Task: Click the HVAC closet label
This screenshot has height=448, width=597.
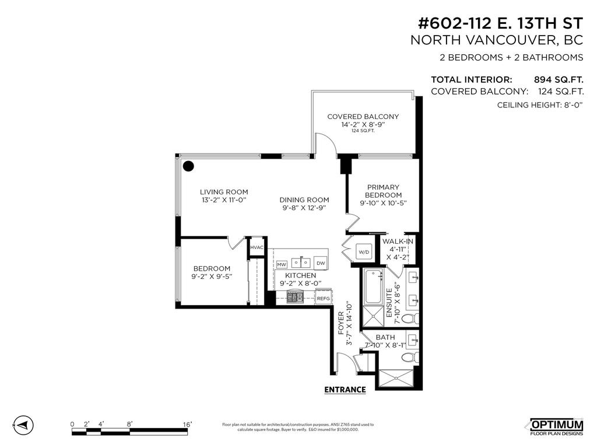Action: pyautogui.click(x=257, y=247)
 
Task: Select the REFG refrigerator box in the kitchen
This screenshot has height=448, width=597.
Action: pyautogui.click(x=323, y=298)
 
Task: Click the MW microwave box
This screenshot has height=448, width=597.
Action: pyautogui.click(x=282, y=264)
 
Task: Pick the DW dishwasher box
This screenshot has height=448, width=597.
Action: pyautogui.click(x=321, y=263)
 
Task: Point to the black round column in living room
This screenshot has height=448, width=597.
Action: pyautogui.click(x=188, y=166)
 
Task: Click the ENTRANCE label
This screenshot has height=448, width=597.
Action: pyautogui.click(x=345, y=390)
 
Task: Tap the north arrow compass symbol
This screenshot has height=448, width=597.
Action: pyautogui.click(x=21, y=425)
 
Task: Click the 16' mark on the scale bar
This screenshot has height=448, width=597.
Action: pyautogui.click(x=187, y=424)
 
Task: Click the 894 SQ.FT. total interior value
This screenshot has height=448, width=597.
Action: pyautogui.click(x=559, y=80)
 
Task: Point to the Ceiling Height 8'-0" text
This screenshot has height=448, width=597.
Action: pyautogui.click(x=540, y=105)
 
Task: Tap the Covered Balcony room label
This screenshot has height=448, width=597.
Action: pyautogui.click(x=363, y=117)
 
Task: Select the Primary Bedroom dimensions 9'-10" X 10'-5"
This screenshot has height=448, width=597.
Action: pyautogui.click(x=383, y=203)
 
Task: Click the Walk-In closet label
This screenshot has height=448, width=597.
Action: pyautogui.click(x=398, y=242)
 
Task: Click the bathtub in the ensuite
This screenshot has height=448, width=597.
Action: pyautogui.click(x=371, y=287)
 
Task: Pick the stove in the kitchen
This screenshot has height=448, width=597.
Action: pyautogui.click(x=294, y=297)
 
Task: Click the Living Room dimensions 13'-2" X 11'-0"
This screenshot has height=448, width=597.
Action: pyautogui.click(x=224, y=200)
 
